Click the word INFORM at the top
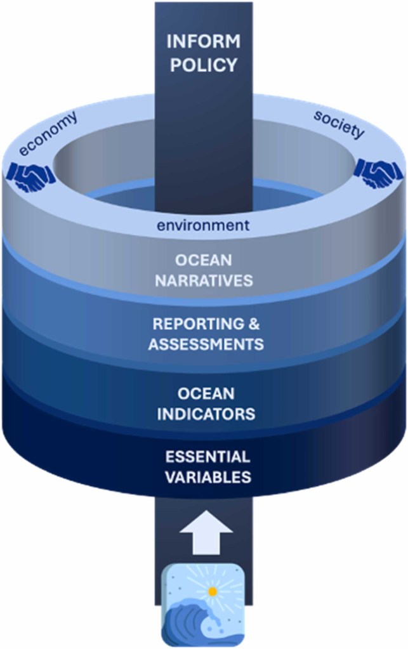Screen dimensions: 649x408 tap(203, 43)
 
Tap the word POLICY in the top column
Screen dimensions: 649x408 tap(203, 65)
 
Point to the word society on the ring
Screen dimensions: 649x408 tap(339, 125)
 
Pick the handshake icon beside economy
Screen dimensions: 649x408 tap(30, 177)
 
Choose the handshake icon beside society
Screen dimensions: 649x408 tap(378, 172)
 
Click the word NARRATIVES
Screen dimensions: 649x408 tap(204, 280)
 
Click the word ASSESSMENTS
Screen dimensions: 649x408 tap(204, 346)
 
